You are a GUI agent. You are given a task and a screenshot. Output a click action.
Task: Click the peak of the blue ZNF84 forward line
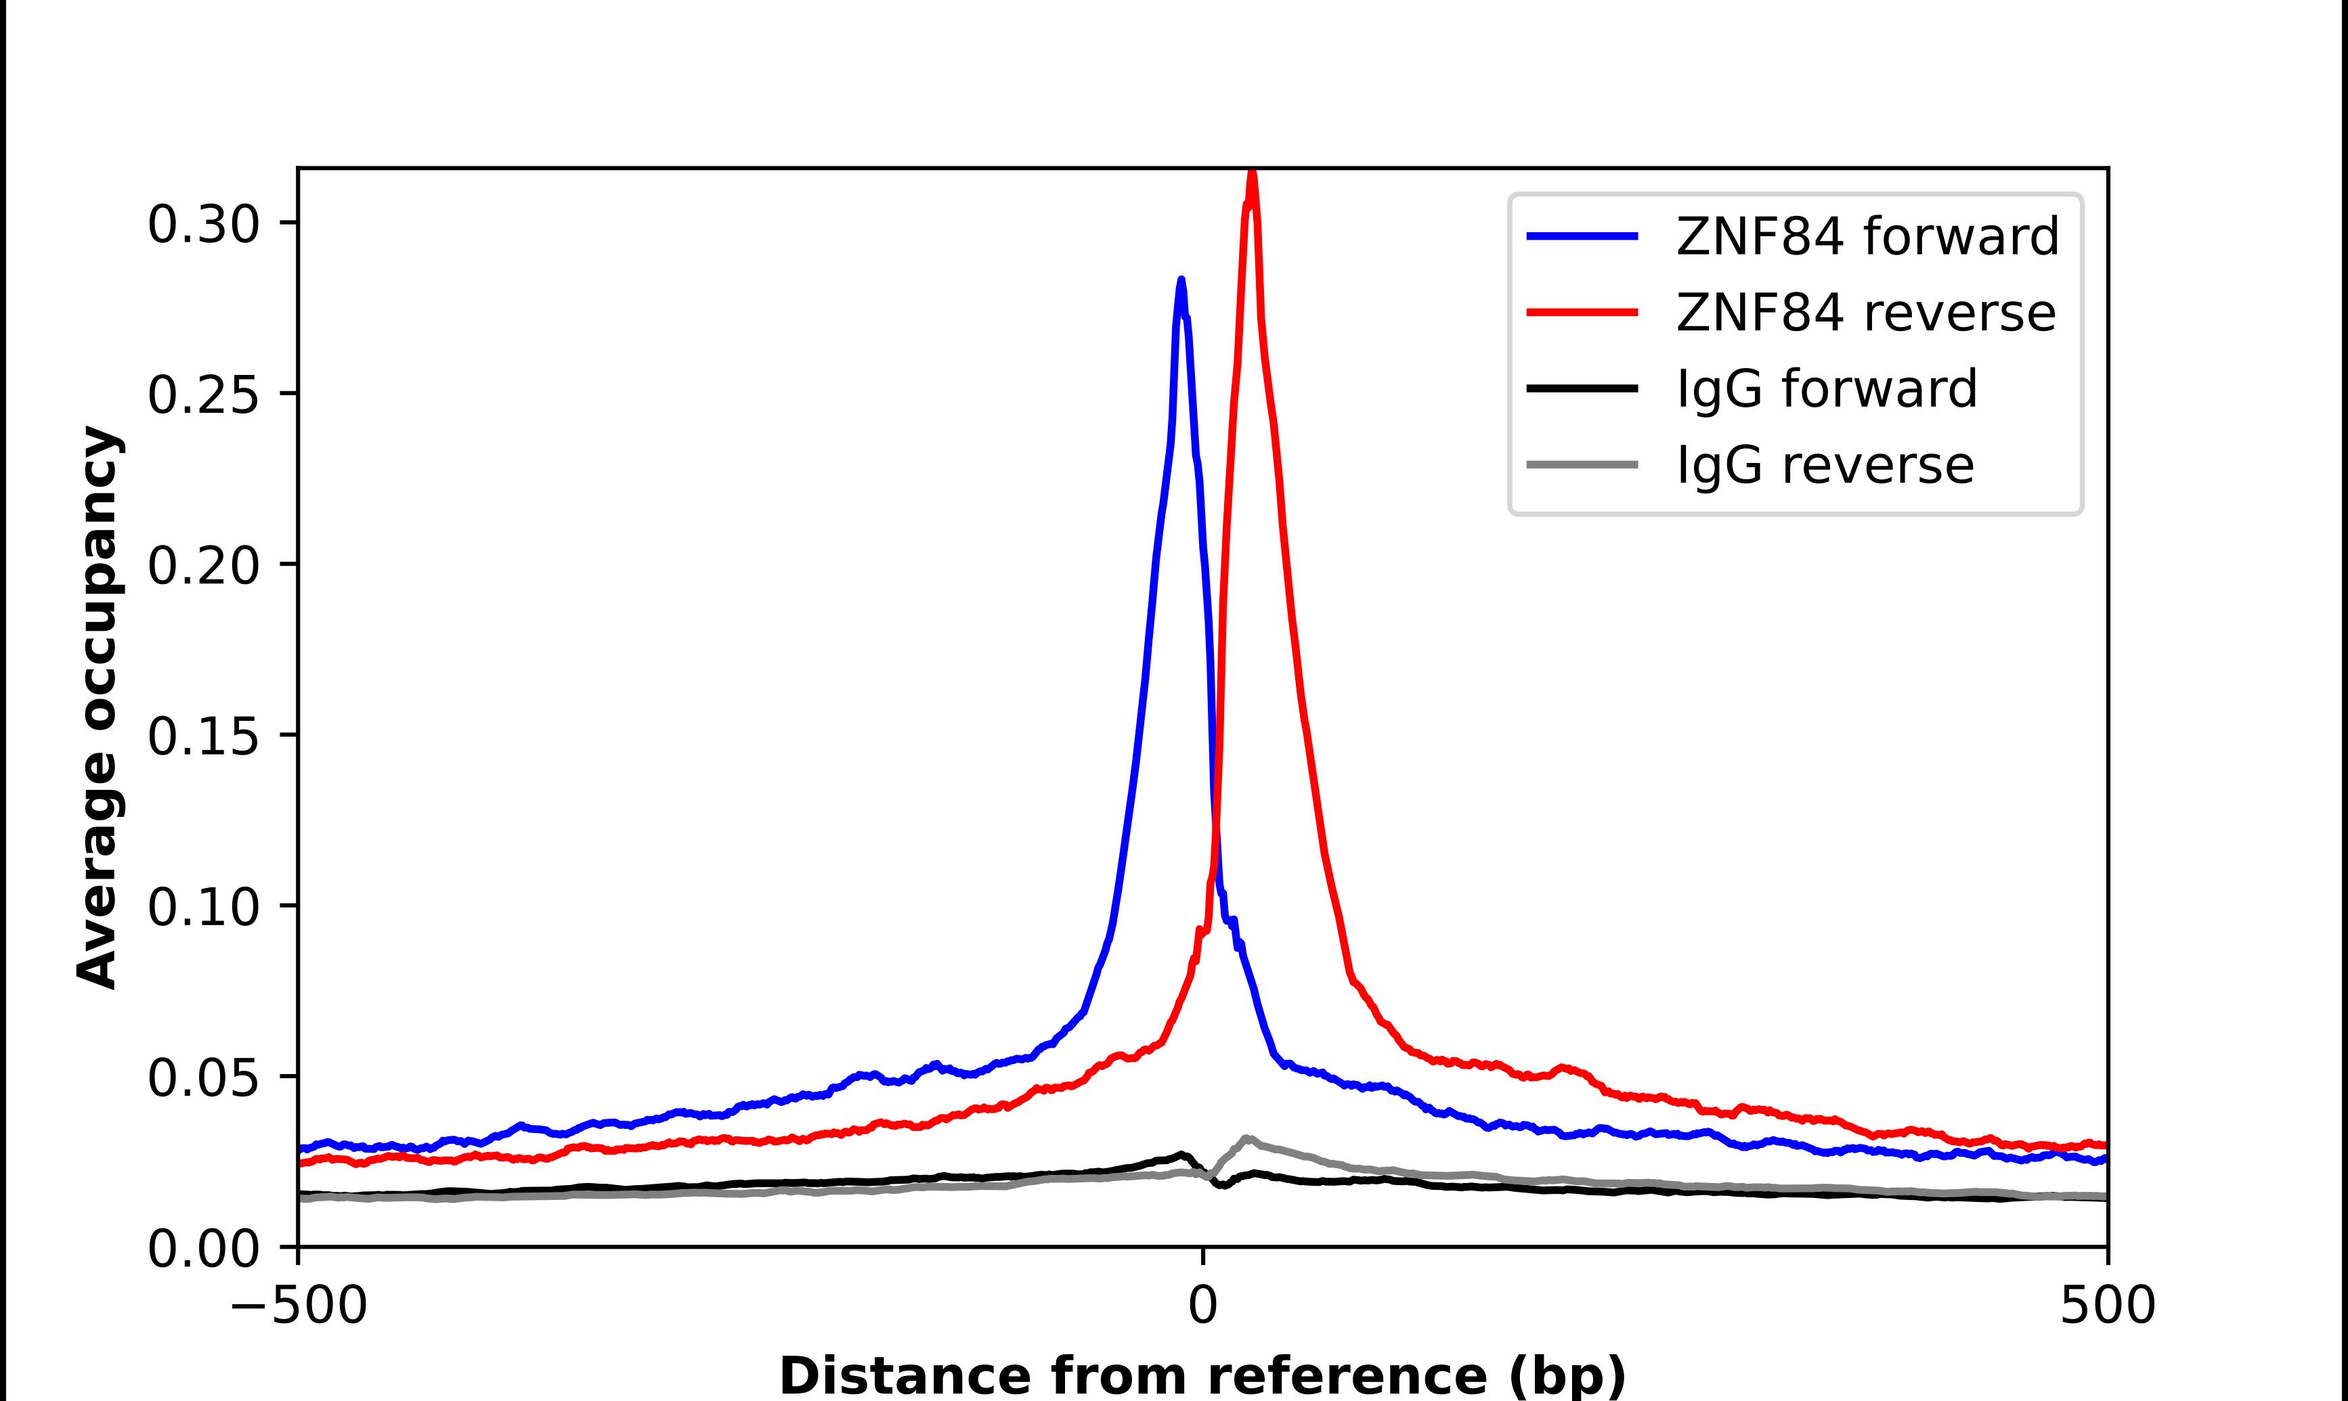tap(1181, 280)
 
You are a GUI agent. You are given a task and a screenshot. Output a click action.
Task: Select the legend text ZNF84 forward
tap(1867, 236)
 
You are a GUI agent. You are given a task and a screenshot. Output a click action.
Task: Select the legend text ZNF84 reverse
tap(1865, 313)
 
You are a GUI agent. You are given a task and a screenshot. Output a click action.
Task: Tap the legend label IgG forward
tap(1826, 389)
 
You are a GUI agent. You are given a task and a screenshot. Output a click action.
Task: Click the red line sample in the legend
tap(1582, 313)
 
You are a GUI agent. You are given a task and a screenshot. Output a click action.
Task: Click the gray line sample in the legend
tap(1582, 464)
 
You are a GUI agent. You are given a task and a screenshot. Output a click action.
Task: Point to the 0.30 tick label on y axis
tap(203, 225)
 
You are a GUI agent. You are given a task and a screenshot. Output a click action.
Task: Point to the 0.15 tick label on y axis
tap(203, 736)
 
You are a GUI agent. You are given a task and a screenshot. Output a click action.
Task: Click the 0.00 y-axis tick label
tap(203, 1249)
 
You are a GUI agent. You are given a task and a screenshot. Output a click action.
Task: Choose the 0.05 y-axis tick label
tap(203, 1078)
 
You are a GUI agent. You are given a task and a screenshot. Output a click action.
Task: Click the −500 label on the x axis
tap(299, 1307)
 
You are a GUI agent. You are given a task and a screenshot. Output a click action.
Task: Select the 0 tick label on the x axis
tap(1203, 1307)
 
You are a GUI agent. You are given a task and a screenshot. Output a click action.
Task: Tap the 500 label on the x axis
tap(2107, 1307)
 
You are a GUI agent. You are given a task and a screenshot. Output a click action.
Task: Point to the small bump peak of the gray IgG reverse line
tap(1247, 1138)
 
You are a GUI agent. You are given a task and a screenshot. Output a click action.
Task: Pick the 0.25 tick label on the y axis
tap(203, 395)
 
